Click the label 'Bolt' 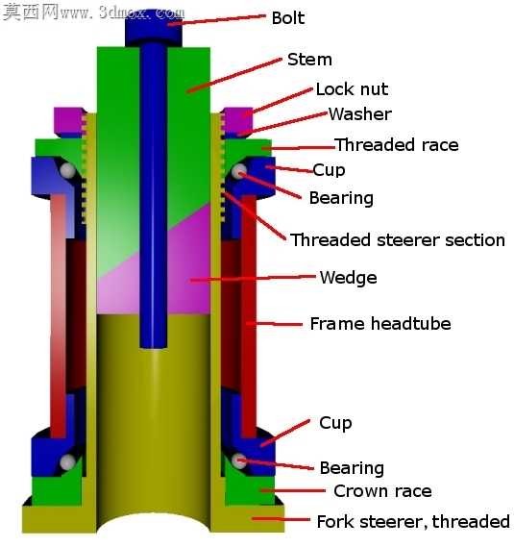point(288,18)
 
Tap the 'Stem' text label point(309,60)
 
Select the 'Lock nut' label point(352,89)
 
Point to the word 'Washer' point(360,113)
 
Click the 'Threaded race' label point(397,144)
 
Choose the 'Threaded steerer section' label point(398,240)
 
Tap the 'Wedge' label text point(349,278)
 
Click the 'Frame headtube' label point(380,323)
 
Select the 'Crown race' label point(382,491)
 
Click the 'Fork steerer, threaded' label point(413,522)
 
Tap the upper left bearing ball point(67,170)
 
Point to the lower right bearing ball point(239,461)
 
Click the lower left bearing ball point(67,462)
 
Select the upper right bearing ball point(239,171)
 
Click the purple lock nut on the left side point(69,122)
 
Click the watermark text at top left point(93,12)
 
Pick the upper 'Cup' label point(329,170)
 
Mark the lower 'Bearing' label point(352,468)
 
